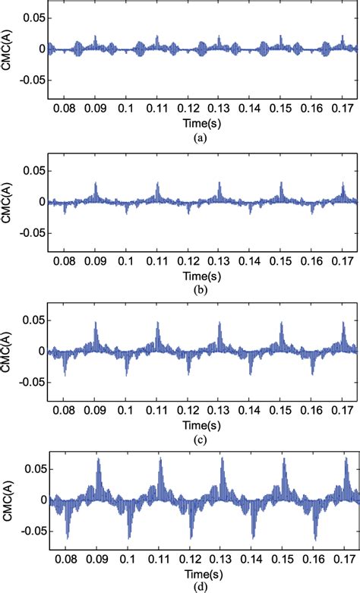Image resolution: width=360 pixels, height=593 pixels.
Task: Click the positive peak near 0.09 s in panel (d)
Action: coord(98,459)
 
